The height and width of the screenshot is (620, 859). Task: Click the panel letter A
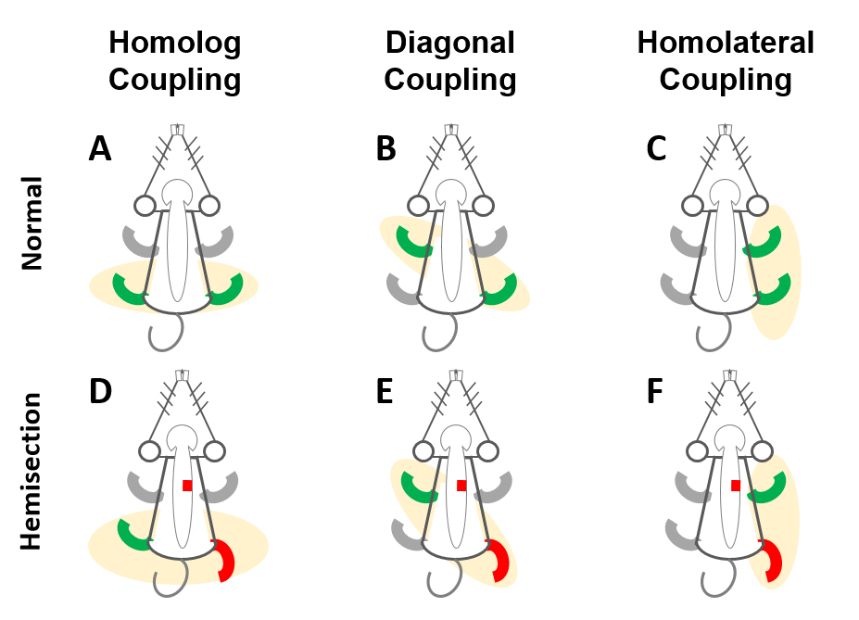click(x=100, y=148)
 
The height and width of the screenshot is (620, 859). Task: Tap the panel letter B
click(x=387, y=148)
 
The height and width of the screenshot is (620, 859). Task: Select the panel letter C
click(x=656, y=148)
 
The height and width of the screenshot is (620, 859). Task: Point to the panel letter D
click(x=100, y=393)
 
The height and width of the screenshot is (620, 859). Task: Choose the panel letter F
click(x=656, y=393)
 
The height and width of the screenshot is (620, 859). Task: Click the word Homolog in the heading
click(x=174, y=44)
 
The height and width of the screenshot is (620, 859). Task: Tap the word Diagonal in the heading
click(x=449, y=44)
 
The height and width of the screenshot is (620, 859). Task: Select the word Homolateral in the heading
click(x=726, y=44)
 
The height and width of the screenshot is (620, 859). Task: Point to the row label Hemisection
click(x=33, y=471)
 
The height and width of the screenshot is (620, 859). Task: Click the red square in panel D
click(x=187, y=486)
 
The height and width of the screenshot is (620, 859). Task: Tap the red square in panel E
click(x=461, y=486)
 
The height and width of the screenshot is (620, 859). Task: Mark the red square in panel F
click(x=736, y=486)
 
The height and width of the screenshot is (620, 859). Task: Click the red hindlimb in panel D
click(x=225, y=562)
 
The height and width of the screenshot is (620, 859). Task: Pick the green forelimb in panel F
click(x=770, y=488)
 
